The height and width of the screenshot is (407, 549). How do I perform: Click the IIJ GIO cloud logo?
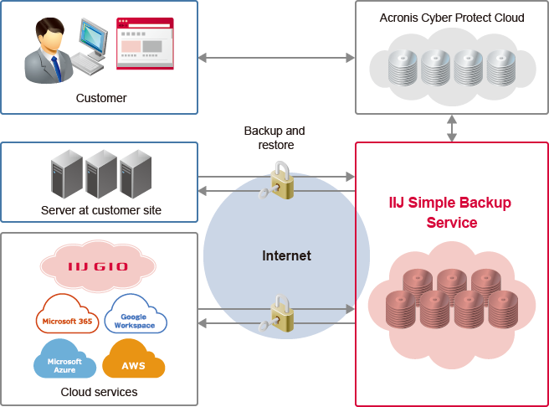(98, 266)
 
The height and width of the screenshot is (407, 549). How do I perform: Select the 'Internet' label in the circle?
(286, 255)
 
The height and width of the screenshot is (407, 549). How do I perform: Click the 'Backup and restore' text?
(274, 137)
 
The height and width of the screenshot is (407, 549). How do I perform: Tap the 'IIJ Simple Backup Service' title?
(450, 213)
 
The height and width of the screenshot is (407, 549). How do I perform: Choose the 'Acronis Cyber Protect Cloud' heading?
(452, 18)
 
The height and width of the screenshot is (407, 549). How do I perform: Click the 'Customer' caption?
(101, 98)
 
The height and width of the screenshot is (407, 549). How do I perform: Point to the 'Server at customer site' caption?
(101, 210)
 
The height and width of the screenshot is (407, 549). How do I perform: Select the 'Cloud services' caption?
(99, 392)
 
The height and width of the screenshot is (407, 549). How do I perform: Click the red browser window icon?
(145, 42)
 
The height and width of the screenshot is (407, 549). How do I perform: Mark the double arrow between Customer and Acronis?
(276, 58)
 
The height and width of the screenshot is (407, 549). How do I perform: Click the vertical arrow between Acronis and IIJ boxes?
(452, 128)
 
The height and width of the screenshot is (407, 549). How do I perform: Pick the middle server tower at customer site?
(100, 173)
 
